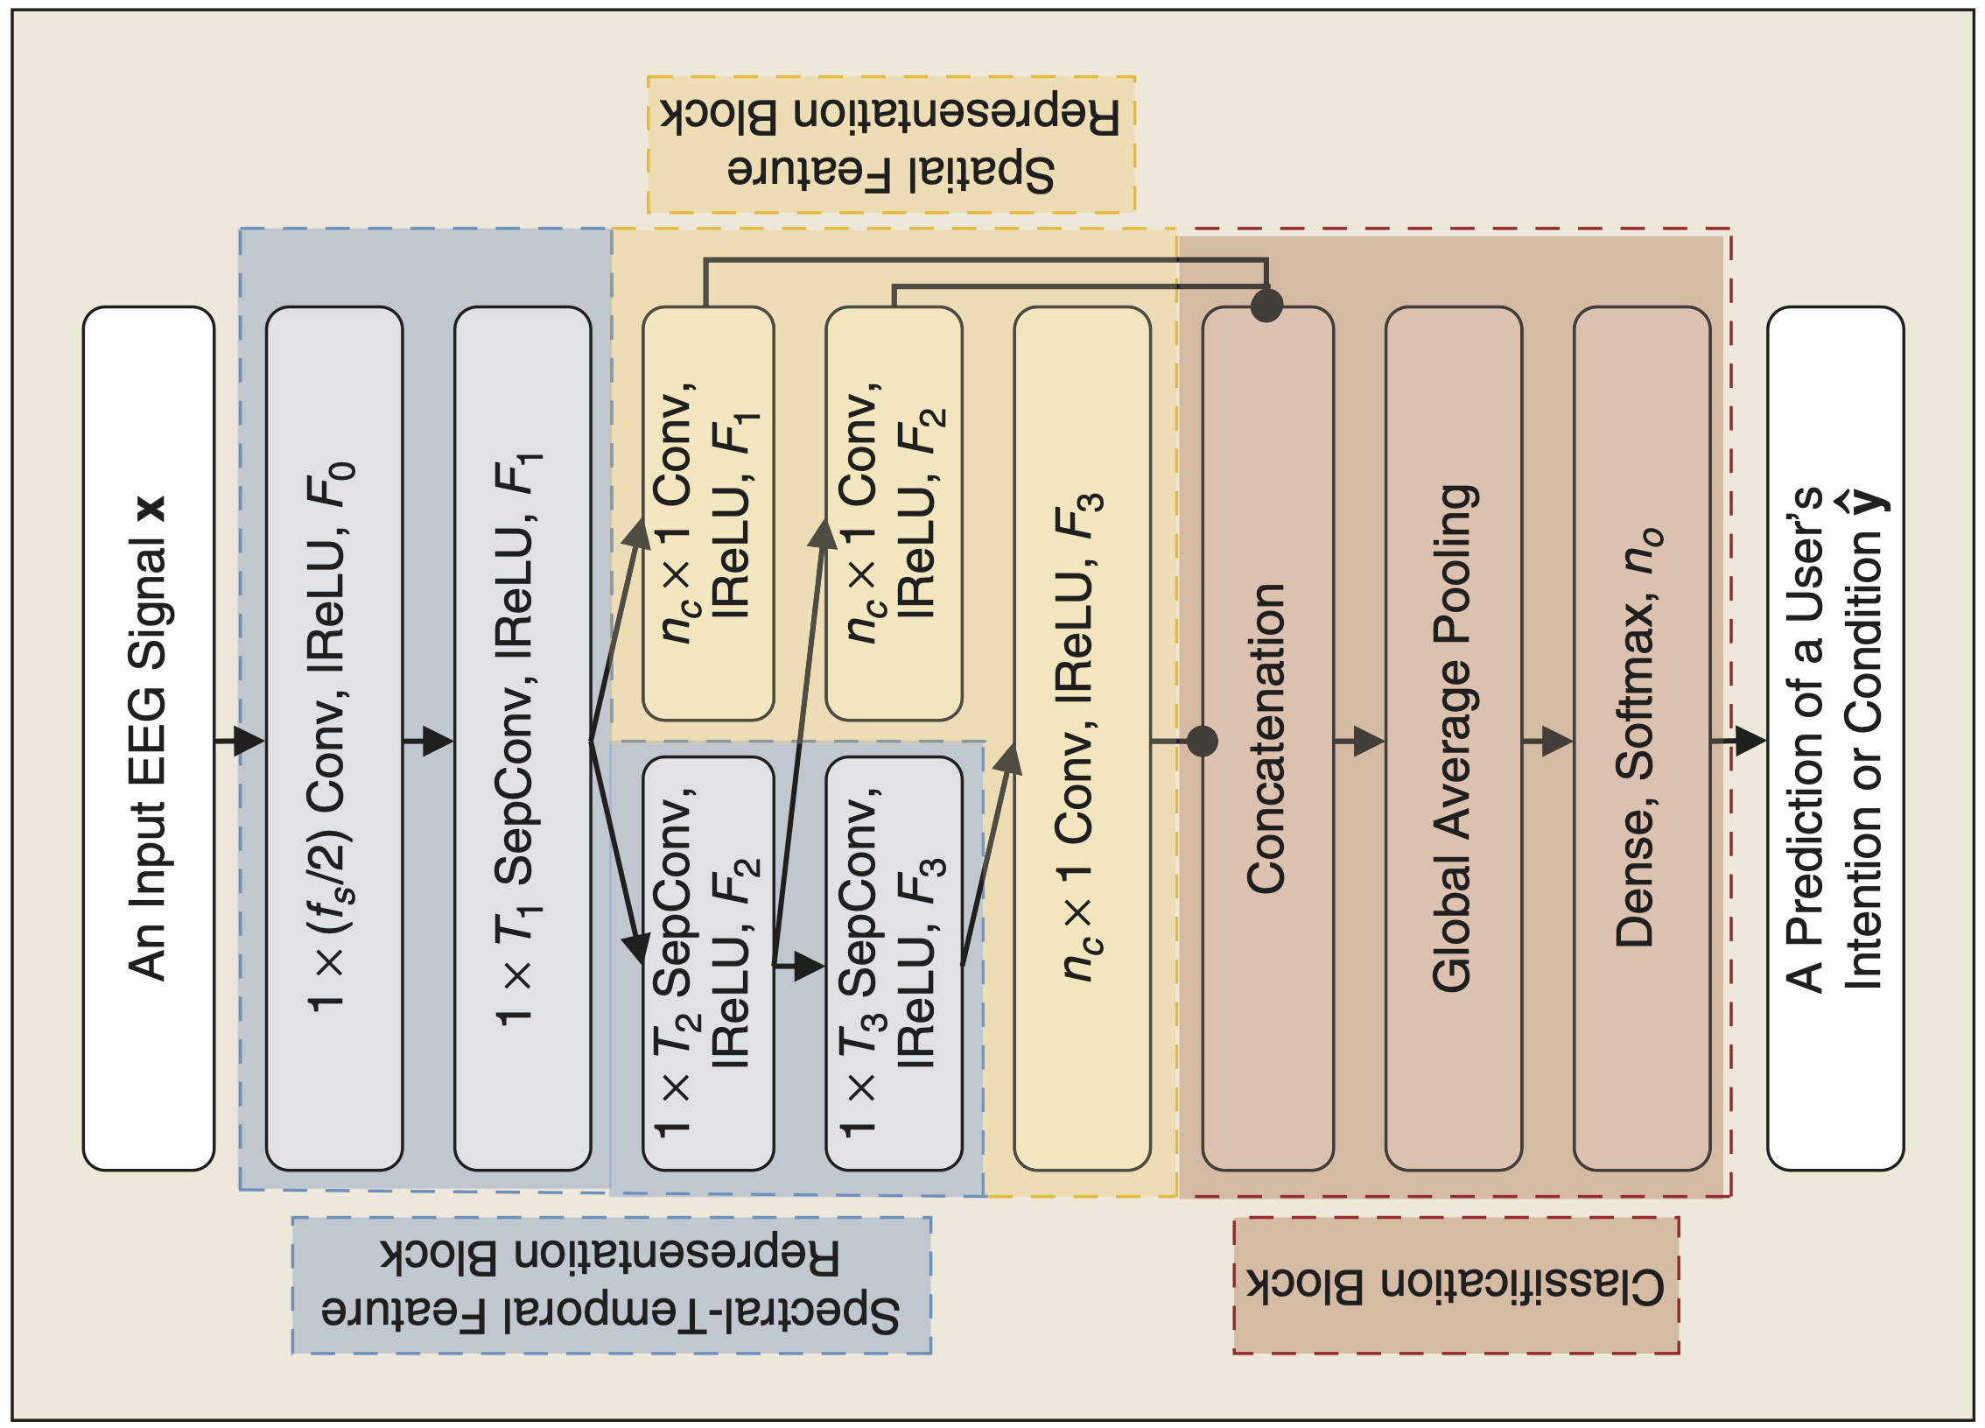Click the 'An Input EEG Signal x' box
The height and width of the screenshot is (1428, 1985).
point(148,738)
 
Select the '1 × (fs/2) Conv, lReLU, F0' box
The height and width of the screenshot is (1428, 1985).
point(333,738)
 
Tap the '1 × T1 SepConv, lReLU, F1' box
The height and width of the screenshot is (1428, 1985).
point(522,738)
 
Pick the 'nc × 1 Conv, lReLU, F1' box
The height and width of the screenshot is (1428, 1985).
point(708,513)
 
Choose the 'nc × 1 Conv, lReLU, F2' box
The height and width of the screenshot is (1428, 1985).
point(894,513)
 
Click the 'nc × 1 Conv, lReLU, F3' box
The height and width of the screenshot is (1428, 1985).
point(1082,738)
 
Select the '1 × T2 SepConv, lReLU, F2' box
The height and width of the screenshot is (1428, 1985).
point(708,963)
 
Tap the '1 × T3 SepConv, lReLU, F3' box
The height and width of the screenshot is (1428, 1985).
point(894,963)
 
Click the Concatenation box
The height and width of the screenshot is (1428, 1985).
point(1266,738)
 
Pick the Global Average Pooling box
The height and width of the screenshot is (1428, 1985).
point(1453,738)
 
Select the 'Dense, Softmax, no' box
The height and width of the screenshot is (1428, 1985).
point(1641,738)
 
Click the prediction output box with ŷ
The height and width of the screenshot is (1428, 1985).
point(1835,738)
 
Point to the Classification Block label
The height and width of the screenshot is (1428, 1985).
point(1455,1285)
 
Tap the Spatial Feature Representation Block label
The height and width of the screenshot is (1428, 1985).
point(891,144)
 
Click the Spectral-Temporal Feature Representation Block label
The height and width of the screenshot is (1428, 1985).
point(611,1285)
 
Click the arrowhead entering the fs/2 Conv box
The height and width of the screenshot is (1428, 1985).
point(249,741)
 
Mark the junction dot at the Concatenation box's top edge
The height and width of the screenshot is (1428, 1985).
point(1266,306)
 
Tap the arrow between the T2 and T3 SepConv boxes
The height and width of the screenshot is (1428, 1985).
point(801,967)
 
